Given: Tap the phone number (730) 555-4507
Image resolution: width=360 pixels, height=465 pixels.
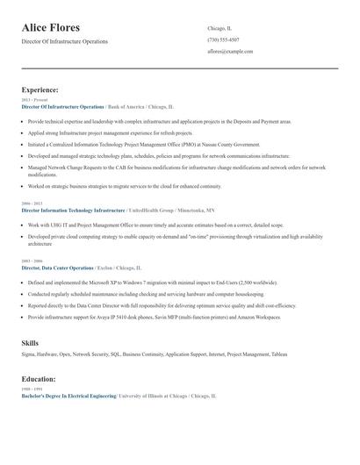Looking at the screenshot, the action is click(223, 39).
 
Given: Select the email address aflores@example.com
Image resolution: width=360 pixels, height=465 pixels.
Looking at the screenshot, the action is click(230, 52).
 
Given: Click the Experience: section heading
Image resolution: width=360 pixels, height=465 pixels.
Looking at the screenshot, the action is click(40, 89).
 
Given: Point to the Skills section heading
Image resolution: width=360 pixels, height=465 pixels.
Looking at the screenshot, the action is click(30, 342).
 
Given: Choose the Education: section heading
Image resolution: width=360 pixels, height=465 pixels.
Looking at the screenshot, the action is click(39, 379).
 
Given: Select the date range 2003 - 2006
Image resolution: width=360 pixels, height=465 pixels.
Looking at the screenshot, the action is click(32, 261).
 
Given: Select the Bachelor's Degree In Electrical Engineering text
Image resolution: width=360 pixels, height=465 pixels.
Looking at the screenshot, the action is click(68, 397).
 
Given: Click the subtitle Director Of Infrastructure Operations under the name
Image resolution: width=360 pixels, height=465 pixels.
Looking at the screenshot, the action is click(65, 41).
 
